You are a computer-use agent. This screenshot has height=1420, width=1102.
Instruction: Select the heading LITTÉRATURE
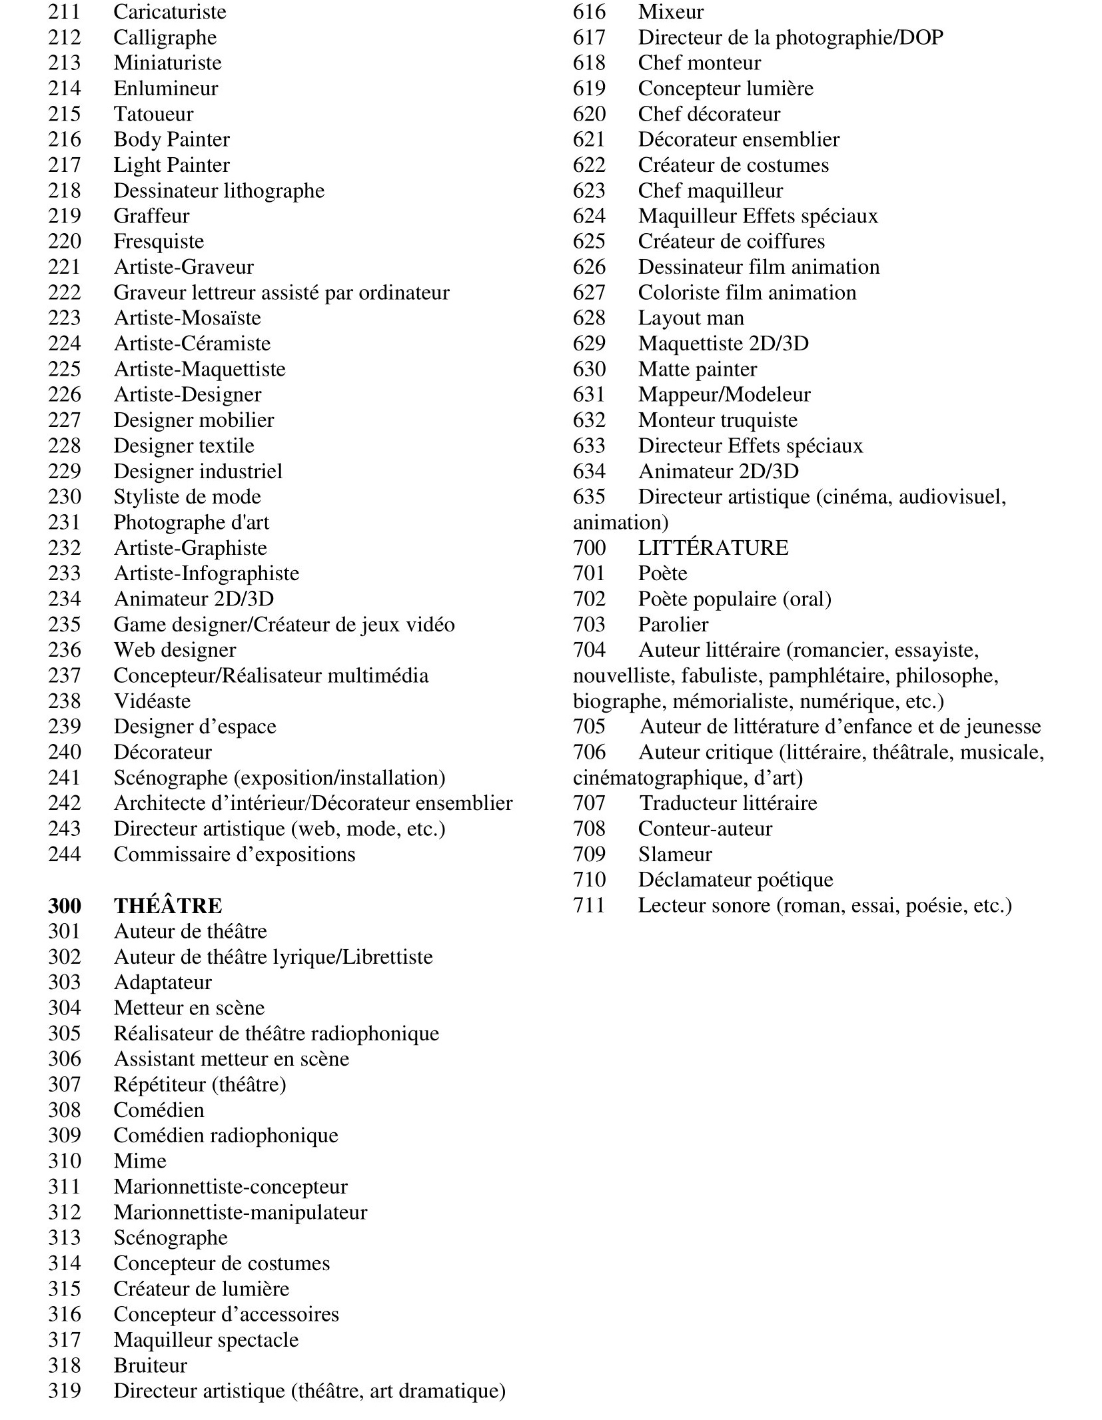713,548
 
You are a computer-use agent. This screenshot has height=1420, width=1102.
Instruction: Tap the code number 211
64,12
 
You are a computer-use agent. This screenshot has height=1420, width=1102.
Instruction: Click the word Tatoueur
153,114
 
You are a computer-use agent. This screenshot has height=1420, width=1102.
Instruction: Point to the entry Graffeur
151,216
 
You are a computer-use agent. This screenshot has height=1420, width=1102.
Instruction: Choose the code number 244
64,855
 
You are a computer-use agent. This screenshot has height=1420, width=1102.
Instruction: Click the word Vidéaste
152,701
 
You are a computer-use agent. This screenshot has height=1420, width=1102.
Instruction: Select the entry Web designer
175,650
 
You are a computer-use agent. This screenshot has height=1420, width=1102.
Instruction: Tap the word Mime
140,1161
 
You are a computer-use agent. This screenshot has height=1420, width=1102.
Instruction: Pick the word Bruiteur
151,1365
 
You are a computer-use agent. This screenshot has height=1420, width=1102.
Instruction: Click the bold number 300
64,906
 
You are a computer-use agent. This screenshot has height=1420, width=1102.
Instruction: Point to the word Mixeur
670,12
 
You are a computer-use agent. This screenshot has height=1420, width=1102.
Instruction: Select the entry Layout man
691,318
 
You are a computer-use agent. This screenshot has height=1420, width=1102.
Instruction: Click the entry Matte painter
698,370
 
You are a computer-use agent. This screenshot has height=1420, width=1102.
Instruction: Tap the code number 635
589,497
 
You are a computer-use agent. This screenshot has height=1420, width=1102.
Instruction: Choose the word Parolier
673,625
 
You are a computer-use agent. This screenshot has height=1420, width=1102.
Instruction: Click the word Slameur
675,855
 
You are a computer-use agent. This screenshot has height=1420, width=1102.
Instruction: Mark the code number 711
589,906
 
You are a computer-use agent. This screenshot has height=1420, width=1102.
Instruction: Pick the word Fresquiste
159,242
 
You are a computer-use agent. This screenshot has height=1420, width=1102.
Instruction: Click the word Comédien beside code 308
159,1110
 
